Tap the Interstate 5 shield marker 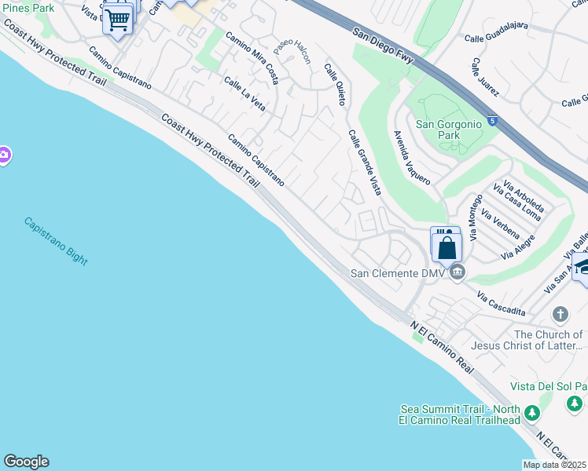tap(491, 121)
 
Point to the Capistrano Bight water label tap(55, 239)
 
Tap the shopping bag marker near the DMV tap(446, 247)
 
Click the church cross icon tap(560, 315)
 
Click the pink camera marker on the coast tap(3, 155)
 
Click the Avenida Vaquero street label tap(412, 157)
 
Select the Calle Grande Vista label tap(365, 161)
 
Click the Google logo tap(26, 462)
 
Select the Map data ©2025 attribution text tap(555, 465)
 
